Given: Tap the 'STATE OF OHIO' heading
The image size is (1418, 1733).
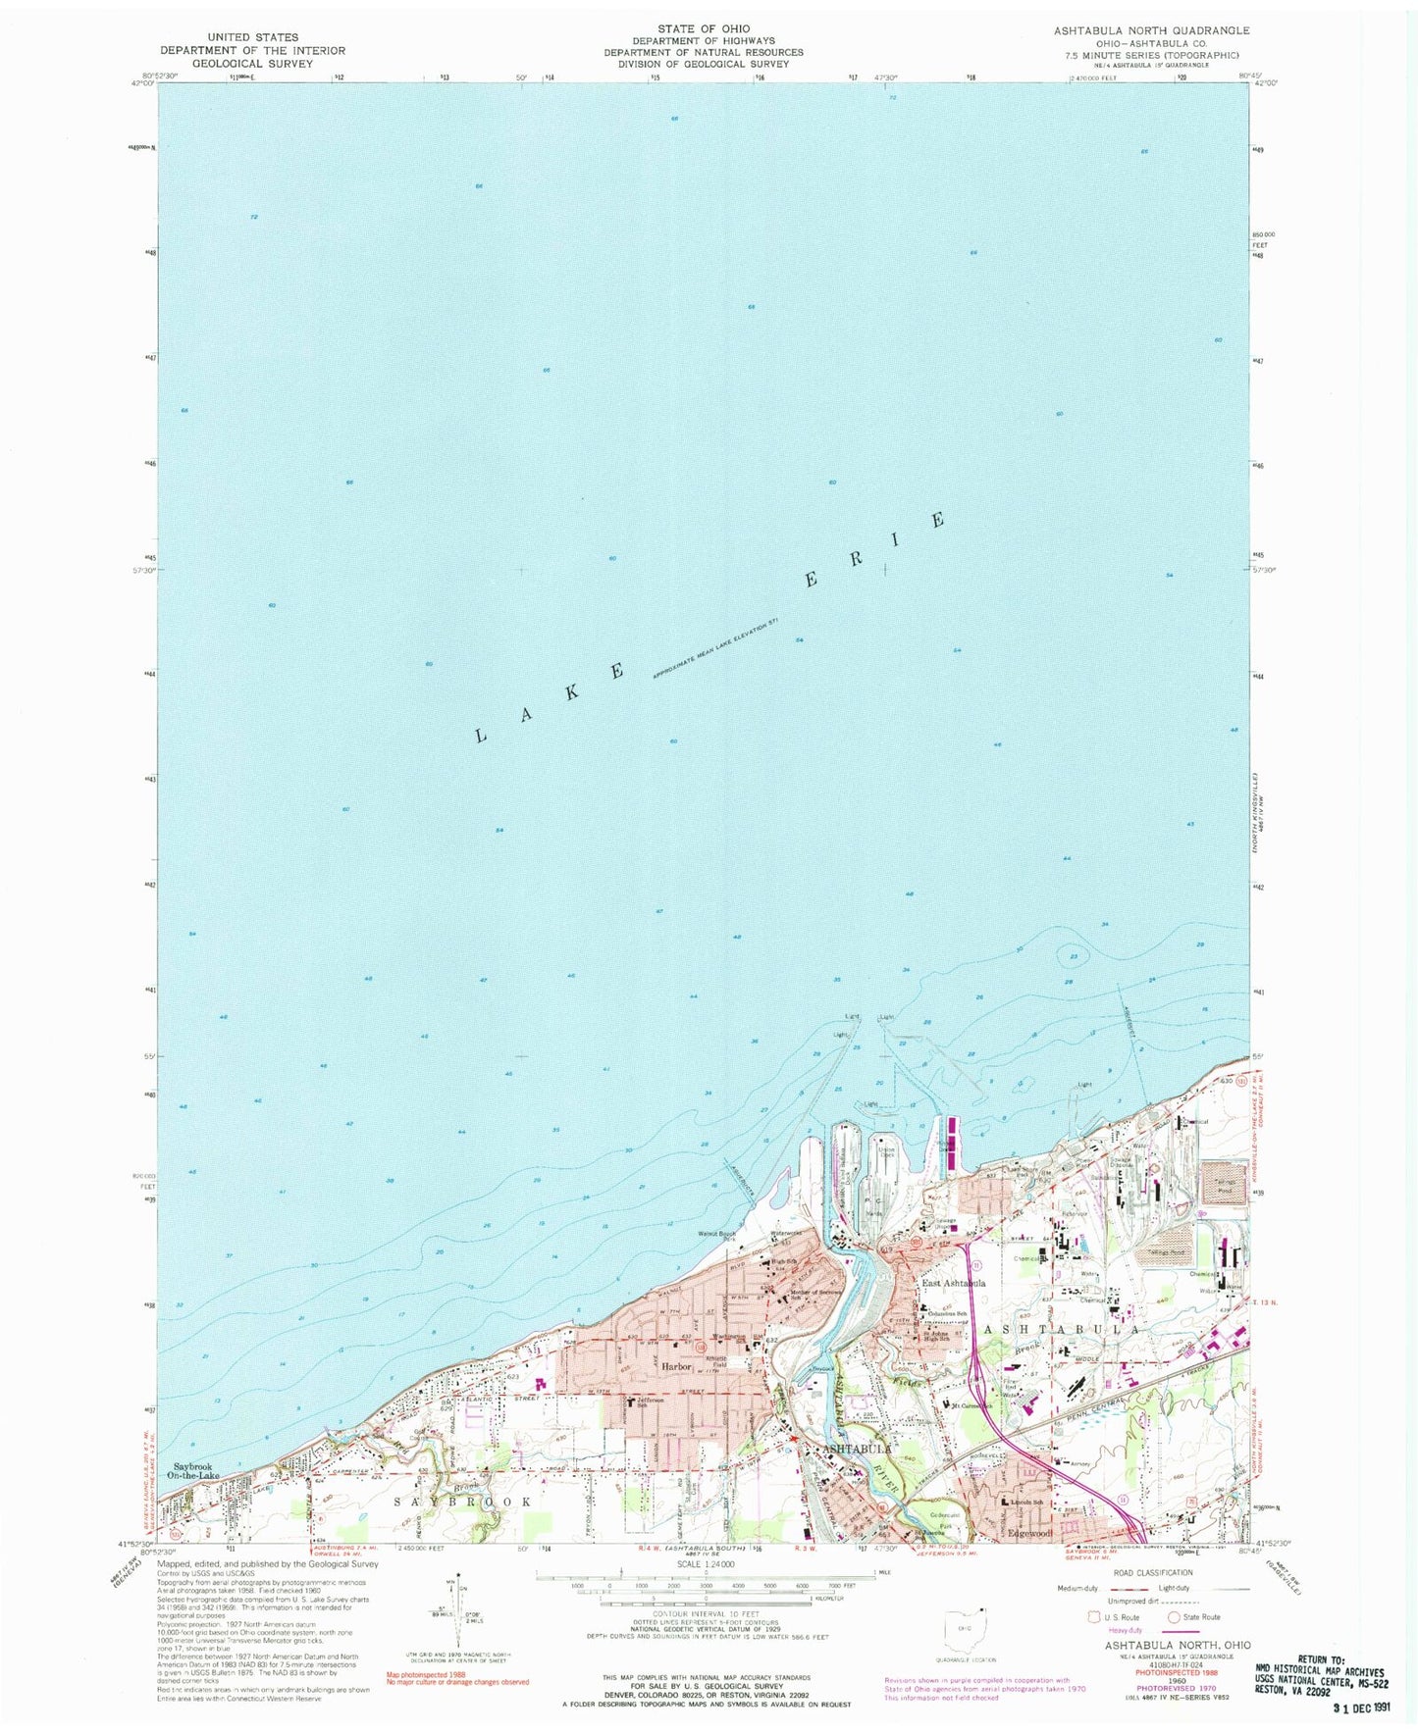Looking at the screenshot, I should coord(704,28).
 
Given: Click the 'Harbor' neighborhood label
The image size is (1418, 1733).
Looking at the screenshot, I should coord(676,1366).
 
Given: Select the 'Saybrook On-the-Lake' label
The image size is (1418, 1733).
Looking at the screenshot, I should coord(193,1471).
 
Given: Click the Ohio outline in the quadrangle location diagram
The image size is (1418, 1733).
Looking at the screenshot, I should coord(958,1626).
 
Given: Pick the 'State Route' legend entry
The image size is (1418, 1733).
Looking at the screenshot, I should coord(1192,1617).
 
